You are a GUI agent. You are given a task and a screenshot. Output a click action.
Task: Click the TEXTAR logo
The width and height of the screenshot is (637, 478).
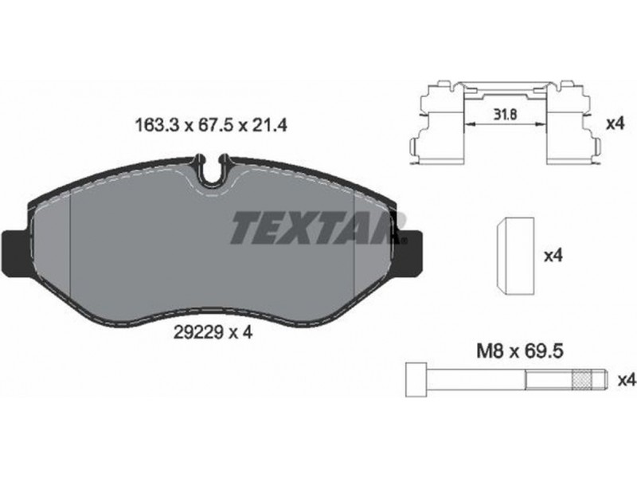[x=319, y=228]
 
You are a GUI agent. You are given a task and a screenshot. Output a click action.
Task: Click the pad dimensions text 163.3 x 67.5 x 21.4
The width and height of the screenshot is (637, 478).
[x=211, y=126]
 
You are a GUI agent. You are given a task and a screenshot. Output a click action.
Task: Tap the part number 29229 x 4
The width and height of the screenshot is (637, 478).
[x=213, y=333]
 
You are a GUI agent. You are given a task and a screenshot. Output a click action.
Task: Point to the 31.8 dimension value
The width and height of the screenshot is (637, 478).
[x=505, y=115]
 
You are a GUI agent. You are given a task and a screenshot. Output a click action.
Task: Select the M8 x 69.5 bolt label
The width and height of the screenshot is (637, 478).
[x=520, y=351]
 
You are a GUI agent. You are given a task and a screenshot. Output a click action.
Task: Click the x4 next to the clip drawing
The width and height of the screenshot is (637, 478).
[x=615, y=124]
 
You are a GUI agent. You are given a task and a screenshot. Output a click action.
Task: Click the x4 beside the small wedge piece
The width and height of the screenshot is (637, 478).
[x=553, y=256]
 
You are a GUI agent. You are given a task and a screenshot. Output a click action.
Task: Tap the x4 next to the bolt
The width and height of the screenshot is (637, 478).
[x=626, y=381]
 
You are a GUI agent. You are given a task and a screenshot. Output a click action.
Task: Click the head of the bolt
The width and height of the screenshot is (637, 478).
[x=416, y=380]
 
